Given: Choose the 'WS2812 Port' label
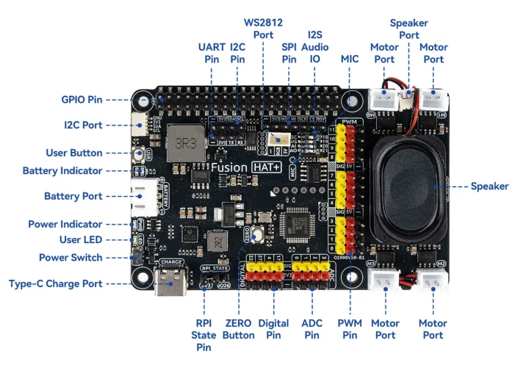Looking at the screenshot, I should click(263, 29).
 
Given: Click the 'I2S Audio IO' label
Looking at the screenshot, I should click(314, 46).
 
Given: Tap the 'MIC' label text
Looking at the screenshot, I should click(350, 58).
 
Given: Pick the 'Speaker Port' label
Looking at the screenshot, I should click(409, 29).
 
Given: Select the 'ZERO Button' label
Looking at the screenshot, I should click(240, 330).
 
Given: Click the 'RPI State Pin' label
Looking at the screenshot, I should click(204, 335).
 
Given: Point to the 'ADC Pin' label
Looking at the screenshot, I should click(312, 330).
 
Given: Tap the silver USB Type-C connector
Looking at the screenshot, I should click(171, 283).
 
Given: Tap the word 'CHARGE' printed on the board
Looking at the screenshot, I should click(171, 261).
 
